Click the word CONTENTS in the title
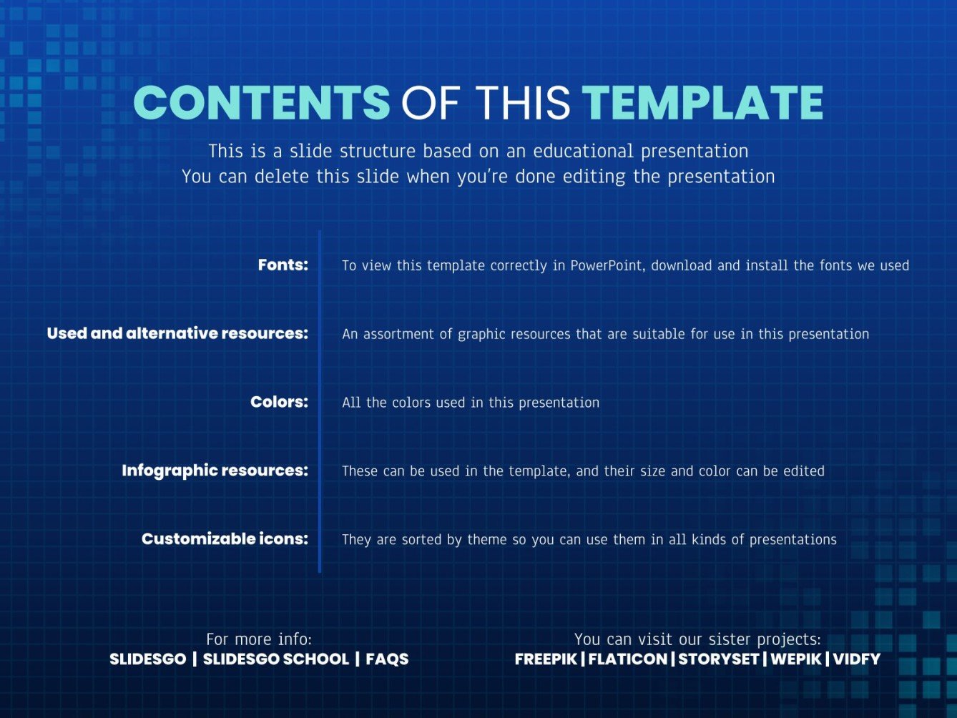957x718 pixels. tap(262, 102)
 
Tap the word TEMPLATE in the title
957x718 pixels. tap(702, 102)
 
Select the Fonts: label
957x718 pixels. tap(283, 265)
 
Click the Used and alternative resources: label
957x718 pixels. tap(177, 333)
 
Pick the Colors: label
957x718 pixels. tap(279, 401)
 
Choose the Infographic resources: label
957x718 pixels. tap(215, 471)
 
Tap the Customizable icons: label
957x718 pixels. tap(225, 538)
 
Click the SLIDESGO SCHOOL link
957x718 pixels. tap(276, 659)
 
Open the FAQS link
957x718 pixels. tap(387, 659)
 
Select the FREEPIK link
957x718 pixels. tap(546, 659)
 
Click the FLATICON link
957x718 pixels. tap(628, 659)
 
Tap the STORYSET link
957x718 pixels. tap(719, 659)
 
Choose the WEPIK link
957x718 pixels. tap(795, 659)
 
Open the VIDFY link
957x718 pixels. tap(857, 659)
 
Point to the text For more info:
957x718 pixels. tap(259, 639)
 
